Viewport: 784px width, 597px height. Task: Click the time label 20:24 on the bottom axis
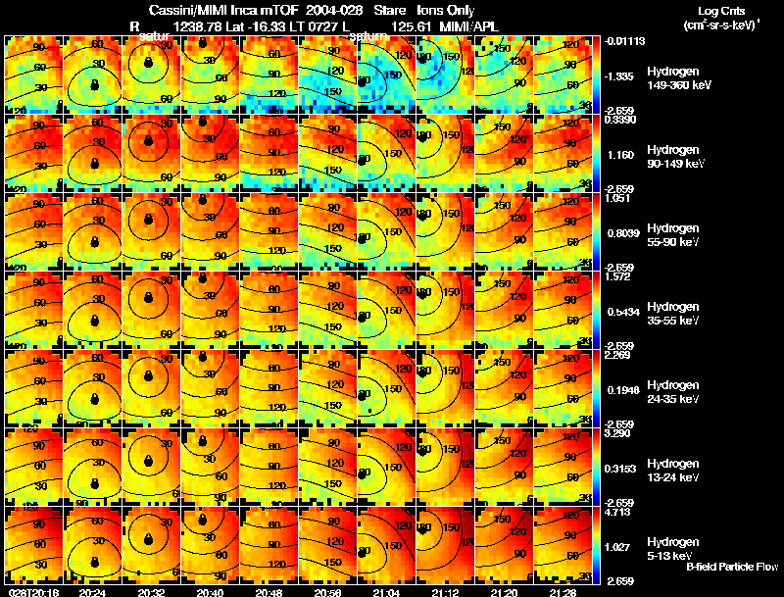[92, 591]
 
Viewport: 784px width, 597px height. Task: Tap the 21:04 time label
[385, 591]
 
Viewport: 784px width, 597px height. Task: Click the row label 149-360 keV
[678, 85]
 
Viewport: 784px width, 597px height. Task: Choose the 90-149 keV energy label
[675, 164]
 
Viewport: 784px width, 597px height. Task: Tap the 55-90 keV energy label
[673, 242]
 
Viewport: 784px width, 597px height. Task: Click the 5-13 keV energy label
[671, 556]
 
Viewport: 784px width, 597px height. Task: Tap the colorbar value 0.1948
[621, 390]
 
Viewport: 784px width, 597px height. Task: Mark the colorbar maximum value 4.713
[619, 512]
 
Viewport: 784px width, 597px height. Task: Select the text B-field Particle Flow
[731, 567]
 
